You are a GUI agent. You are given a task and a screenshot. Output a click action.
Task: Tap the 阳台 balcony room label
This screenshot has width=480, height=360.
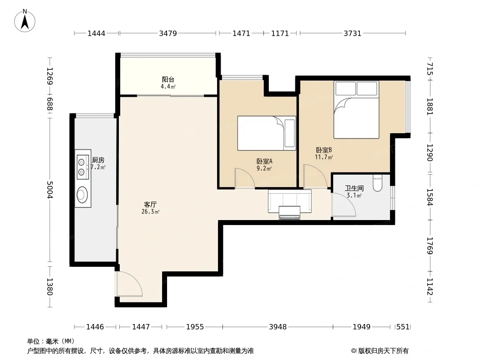click(168, 80)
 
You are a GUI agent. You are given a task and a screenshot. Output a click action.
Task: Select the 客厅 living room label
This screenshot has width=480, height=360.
click(150, 204)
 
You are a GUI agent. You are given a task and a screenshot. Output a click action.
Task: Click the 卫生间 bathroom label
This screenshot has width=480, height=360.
click(354, 189)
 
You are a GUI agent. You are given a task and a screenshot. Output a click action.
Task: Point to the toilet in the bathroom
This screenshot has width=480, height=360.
click(377, 183)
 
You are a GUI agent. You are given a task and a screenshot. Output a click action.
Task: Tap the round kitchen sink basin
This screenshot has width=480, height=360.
click(82, 195)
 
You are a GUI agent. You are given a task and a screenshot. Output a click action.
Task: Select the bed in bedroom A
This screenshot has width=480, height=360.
click(267, 133)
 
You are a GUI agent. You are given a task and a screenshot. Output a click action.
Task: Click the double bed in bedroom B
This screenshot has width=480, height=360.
click(356, 109)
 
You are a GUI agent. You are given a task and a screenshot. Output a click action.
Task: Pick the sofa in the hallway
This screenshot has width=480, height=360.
click(290, 204)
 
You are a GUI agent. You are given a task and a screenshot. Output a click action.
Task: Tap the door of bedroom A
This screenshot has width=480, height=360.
click(245, 178)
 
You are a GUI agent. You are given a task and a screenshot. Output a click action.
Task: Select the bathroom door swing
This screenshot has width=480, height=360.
click(344, 205)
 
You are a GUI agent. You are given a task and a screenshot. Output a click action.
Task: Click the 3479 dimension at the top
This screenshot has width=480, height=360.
click(168, 33)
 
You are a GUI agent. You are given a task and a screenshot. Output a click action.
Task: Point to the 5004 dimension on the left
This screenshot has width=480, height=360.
click(50, 189)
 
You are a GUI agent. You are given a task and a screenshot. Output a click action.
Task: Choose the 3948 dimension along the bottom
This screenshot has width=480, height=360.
click(278, 327)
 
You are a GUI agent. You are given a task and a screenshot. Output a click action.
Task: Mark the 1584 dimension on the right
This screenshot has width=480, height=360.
click(430, 197)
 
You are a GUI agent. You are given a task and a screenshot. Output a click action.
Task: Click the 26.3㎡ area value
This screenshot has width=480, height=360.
click(150, 211)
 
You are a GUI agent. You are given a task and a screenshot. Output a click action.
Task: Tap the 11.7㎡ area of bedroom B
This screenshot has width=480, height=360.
click(324, 157)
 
